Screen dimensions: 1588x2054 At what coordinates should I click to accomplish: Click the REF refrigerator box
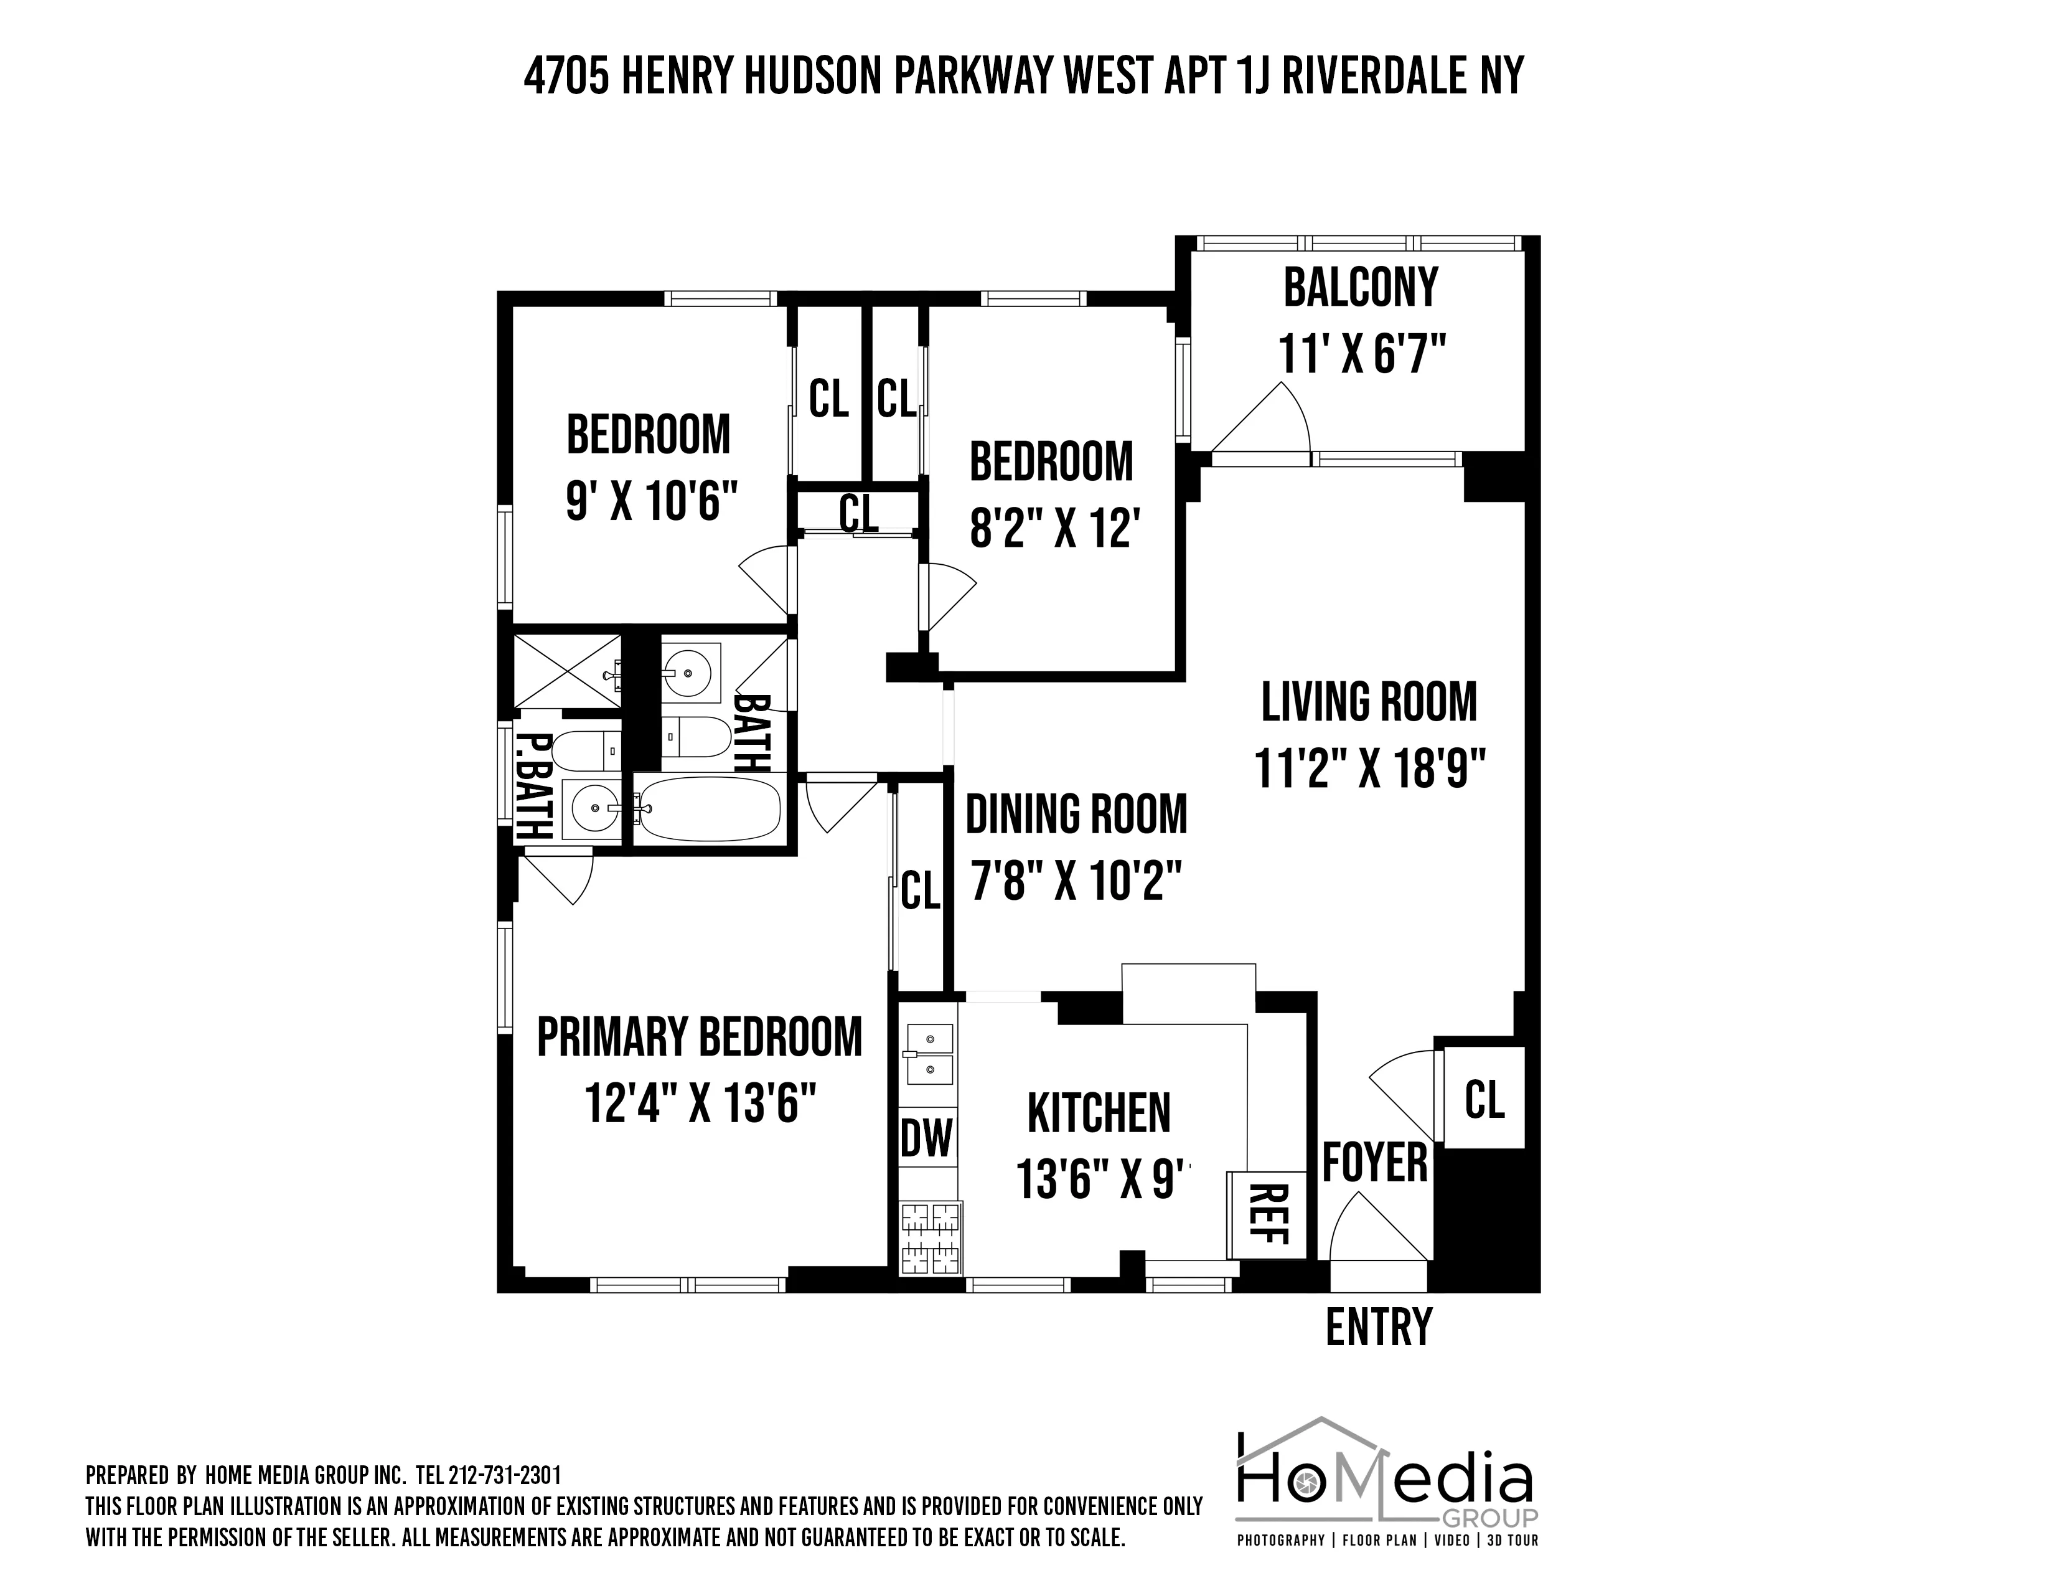pos(1267,1214)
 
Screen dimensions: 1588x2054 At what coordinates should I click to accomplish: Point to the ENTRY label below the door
pos(1378,1328)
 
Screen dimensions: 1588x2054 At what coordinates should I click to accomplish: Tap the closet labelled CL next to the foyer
pos(1484,1098)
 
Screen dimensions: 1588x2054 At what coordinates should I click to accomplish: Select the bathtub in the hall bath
pos(707,809)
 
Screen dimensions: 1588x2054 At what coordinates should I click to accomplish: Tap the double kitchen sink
pos(928,1054)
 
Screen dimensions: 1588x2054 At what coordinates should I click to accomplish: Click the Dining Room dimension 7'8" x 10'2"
pos(1075,884)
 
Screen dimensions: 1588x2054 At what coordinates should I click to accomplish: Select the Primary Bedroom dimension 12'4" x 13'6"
pos(699,1102)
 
